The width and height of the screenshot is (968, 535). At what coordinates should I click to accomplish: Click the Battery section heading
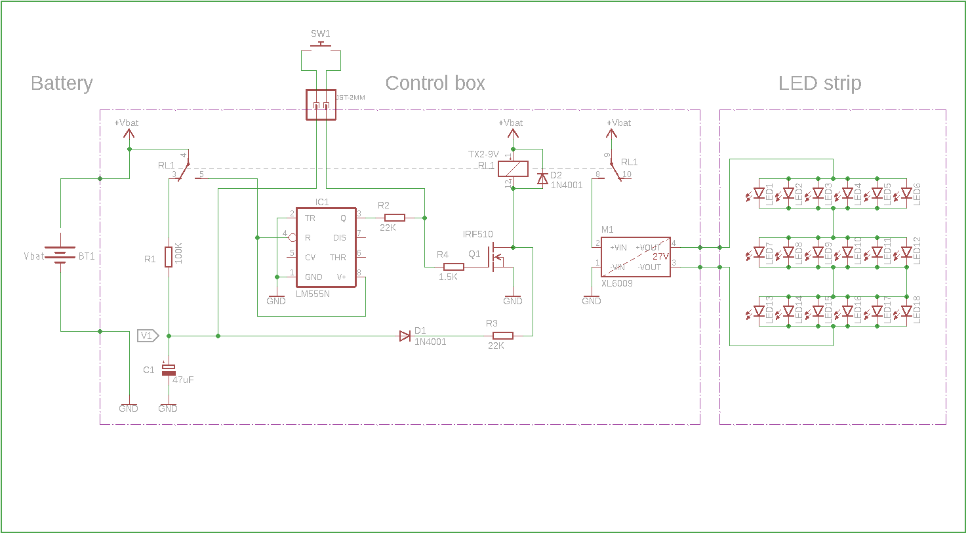(x=62, y=83)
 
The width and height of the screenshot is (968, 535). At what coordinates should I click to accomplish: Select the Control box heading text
(x=435, y=83)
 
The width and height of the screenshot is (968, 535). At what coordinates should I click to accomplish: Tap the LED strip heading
(x=819, y=83)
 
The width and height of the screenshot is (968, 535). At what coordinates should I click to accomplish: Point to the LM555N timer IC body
(x=326, y=247)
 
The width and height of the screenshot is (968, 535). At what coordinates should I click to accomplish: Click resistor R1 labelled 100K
(x=169, y=256)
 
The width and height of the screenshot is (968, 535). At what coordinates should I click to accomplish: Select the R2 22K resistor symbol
(x=394, y=218)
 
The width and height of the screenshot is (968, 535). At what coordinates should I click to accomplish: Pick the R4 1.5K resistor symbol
(x=454, y=267)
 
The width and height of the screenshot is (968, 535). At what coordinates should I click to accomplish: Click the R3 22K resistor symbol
(x=502, y=336)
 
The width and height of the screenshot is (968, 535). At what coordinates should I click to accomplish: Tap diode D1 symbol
(x=405, y=336)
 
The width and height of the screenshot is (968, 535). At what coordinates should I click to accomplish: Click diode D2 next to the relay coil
(x=542, y=178)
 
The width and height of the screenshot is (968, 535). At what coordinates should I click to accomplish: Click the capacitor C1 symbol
(x=169, y=370)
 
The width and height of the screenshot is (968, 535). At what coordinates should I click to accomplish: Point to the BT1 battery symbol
(x=60, y=256)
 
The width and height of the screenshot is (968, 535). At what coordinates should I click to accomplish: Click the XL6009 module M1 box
(x=635, y=257)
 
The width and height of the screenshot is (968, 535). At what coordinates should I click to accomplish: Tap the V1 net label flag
(x=148, y=336)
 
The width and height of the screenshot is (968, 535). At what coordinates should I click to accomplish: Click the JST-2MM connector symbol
(x=321, y=105)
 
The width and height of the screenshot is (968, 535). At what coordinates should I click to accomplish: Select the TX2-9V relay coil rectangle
(x=513, y=168)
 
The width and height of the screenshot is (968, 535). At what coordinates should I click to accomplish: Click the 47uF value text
(x=183, y=380)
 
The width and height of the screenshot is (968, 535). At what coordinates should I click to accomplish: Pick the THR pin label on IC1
(x=338, y=258)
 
